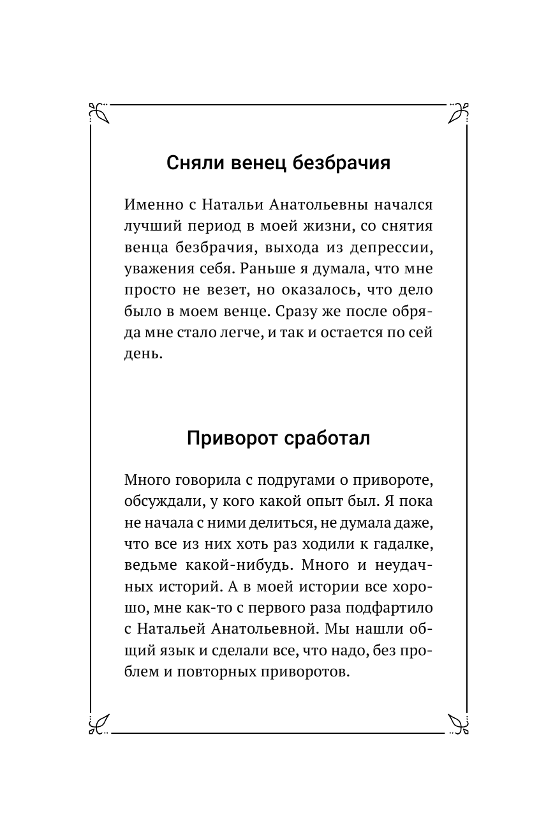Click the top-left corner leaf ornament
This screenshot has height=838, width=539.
pos(99,112)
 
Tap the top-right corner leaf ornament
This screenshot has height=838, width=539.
pos(459,112)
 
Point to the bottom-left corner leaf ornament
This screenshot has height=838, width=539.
pos(99,723)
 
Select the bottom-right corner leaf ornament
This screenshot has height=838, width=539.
pos(459,723)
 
